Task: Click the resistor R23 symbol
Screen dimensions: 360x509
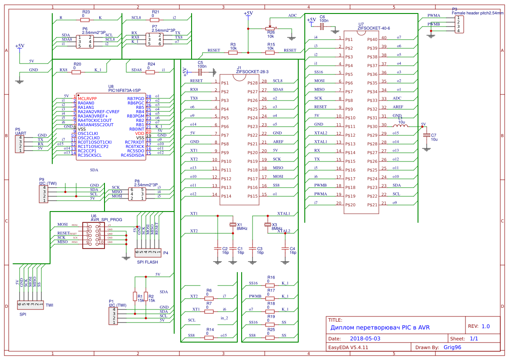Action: click(x=85, y=20)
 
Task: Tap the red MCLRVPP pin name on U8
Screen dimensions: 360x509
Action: click(x=87, y=99)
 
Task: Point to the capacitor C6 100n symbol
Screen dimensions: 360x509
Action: click(x=322, y=27)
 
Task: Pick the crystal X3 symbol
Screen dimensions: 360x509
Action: click(x=268, y=225)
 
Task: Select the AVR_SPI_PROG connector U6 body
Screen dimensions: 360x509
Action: click(x=94, y=235)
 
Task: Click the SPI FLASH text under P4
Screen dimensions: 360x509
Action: click(x=147, y=262)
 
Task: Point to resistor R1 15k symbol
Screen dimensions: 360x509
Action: click(x=135, y=296)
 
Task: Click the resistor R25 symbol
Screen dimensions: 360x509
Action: click(x=270, y=335)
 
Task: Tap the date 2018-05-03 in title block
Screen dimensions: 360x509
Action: click(x=365, y=338)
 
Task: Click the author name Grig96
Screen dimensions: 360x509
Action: click(x=452, y=347)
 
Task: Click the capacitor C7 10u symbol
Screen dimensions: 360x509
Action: click(x=426, y=135)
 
